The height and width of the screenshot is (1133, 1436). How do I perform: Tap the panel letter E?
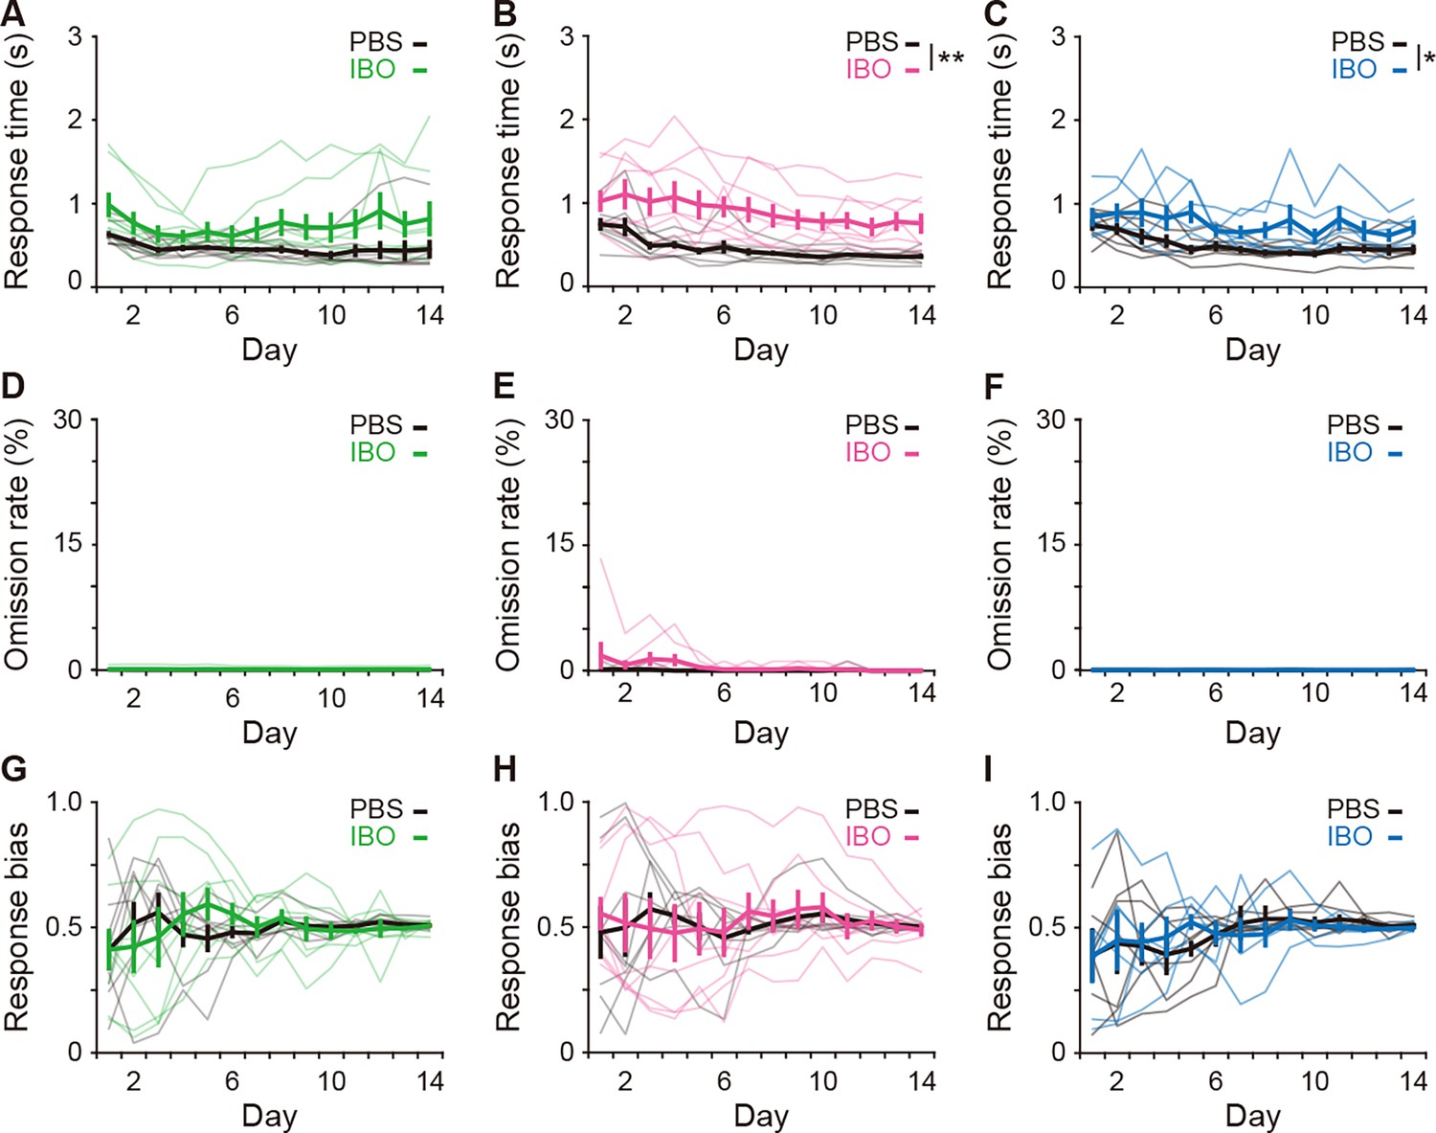tap(505, 387)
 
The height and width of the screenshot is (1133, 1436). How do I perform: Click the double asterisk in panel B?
tap(951, 59)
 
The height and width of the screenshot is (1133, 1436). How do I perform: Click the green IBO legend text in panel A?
tap(373, 69)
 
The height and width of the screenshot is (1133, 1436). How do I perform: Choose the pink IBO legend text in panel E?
tap(868, 453)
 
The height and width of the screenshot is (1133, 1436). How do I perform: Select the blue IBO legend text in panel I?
tap(1350, 836)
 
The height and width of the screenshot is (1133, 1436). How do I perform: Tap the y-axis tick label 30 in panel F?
tap(1052, 419)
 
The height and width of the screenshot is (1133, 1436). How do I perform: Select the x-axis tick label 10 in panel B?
tap(822, 314)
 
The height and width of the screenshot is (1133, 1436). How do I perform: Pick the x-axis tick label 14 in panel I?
tap(1413, 1080)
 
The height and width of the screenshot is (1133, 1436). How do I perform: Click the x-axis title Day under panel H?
tap(761, 1117)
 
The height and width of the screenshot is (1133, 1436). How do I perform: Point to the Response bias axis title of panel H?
tap(507, 927)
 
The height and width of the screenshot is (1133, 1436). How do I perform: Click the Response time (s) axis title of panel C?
tap(998, 161)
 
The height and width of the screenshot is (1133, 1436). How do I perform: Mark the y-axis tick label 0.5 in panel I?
tap(1048, 927)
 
